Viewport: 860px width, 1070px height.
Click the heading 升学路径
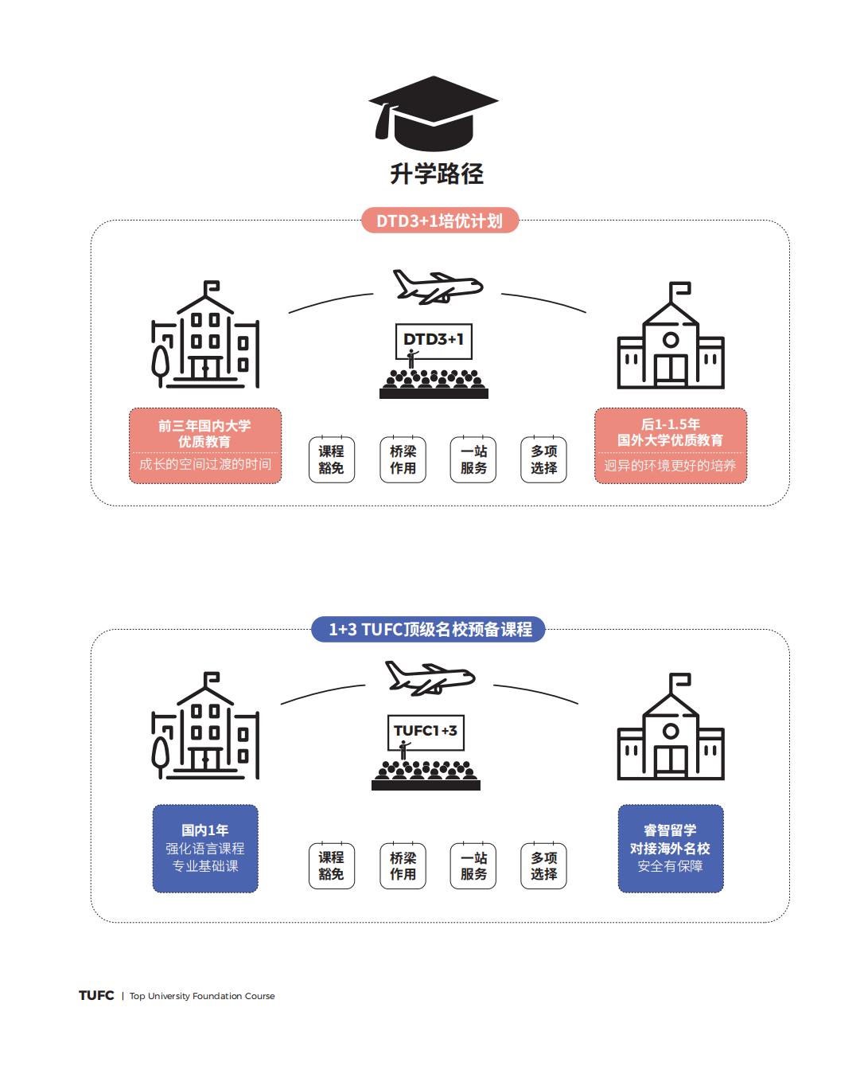point(437,174)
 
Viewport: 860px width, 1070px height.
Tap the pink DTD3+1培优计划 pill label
point(440,221)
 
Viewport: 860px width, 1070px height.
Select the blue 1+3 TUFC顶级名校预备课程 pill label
point(430,630)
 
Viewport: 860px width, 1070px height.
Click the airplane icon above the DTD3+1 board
point(437,286)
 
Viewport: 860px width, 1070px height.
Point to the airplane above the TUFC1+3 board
point(429,678)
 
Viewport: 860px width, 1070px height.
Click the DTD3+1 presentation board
point(433,340)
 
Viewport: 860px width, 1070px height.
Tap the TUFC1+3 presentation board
point(425,731)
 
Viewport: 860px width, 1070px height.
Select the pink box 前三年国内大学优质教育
point(205,445)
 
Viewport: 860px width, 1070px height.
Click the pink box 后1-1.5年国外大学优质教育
point(671,445)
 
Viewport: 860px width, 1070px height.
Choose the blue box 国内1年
point(205,848)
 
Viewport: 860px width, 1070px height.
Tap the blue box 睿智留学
point(671,848)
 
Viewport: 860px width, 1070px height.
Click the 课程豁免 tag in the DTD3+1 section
point(331,459)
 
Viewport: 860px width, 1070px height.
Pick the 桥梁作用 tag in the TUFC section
point(403,865)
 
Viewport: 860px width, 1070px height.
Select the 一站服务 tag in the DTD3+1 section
point(473,459)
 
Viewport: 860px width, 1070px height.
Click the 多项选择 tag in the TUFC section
point(544,865)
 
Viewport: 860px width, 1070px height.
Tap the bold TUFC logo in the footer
point(96,995)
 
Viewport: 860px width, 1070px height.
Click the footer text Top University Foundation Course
point(202,996)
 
